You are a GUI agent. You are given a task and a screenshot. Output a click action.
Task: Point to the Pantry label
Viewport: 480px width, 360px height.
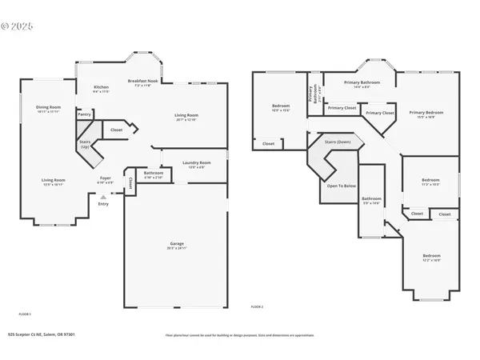coord(84,114)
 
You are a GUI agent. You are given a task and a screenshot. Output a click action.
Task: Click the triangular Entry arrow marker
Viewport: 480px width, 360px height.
coord(102,195)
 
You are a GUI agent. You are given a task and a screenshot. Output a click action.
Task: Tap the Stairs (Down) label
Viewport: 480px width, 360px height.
coord(337,141)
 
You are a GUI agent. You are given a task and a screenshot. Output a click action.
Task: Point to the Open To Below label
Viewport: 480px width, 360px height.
coord(341,186)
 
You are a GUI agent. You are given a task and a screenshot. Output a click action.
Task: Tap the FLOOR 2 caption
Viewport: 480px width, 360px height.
coord(257,307)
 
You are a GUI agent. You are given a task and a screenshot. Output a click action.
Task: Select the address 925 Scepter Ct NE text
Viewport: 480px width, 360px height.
coord(40,335)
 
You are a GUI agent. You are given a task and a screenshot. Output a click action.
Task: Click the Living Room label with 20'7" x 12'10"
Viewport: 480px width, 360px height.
coord(186,115)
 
